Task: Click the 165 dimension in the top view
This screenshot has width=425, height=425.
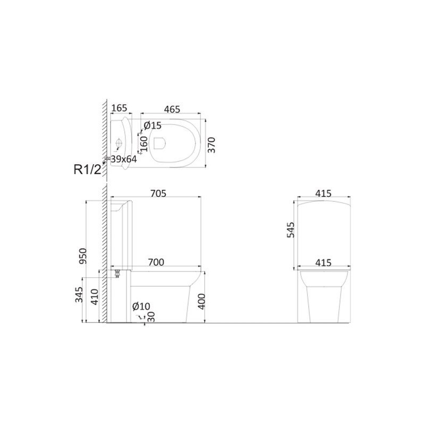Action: pos(119,108)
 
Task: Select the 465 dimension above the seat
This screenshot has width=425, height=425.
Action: pos(172,109)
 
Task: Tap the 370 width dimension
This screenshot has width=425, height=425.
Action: pos(211,145)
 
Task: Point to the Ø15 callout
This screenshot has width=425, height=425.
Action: pos(152,125)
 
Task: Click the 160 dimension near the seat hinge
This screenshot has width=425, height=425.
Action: pos(144,144)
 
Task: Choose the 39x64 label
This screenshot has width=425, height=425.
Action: pos(124,159)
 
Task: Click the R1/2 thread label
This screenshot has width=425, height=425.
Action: pos(87,169)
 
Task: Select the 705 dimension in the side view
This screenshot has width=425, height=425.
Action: pos(158,193)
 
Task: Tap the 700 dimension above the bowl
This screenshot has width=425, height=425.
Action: pos(156,262)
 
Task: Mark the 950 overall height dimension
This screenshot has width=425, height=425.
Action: pos(82,256)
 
